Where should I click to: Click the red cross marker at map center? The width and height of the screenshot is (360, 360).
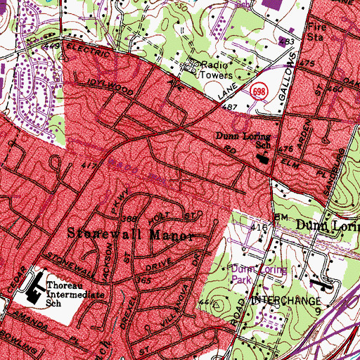click(180, 180)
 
